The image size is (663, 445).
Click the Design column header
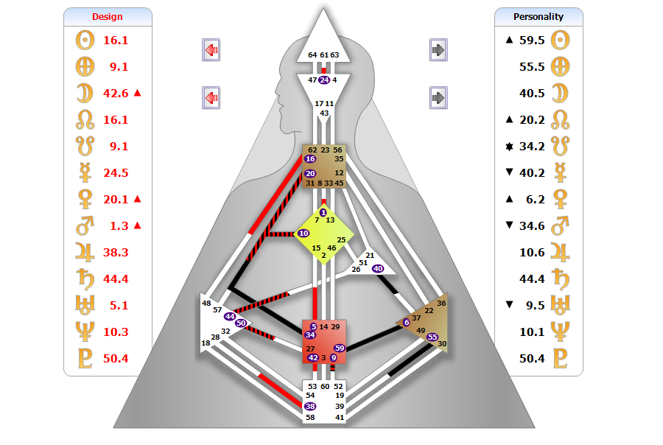pyautogui.click(x=108, y=16)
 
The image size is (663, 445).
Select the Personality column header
pyautogui.click(x=539, y=16)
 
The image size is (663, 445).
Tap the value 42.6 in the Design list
pyautogui.click(x=116, y=93)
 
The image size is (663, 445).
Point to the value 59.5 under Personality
pyautogui.click(x=531, y=40)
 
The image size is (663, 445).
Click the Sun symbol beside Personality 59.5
pyautogui.click(x=561, y=40)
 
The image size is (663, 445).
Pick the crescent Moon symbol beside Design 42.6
pyautogui.click(x=85, y=93)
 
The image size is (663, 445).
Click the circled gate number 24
pyautogui.click(x=324, y=80)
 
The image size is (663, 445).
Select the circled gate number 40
pyautogui.click(x=379, y=268)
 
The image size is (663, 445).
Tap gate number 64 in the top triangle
pyautogui.click(x=312, y=55)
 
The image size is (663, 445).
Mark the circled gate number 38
pyautogui.click(x=310, y=406)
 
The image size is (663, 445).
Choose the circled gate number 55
pyautogui.click(x=432, y=337)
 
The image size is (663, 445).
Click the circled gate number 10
pyautogui.click(x=304, y=234)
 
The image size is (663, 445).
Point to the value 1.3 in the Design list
pyautogui.click(x=116, y=225)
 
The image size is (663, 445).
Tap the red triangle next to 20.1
pyautogui.click(x=137, y=199)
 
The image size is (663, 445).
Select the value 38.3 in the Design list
pyautogui.click(x=116, y=252)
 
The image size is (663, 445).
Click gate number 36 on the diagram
pyautogui.click(x=441, y=303)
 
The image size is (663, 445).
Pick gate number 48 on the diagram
pyautogui.click(x=206, y=304)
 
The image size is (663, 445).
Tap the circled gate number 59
pyautogui.click(x=340, y=348)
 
